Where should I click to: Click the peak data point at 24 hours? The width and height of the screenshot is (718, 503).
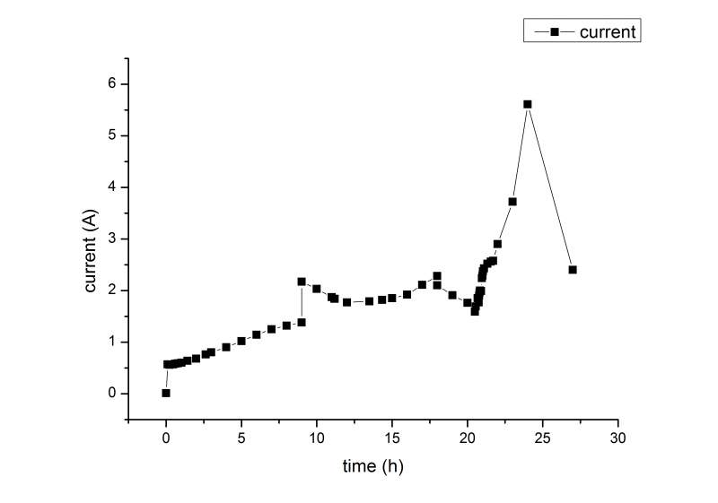tap(528, 104)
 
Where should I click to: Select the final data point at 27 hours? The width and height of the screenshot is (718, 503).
tap(573, 269)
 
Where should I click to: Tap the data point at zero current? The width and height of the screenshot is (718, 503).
tap(166, 393)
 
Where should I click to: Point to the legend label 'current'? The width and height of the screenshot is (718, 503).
tap(609, 31)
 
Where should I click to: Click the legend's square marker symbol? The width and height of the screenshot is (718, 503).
tap(554, 31)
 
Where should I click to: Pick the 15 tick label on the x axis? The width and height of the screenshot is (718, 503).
tap(392, 438)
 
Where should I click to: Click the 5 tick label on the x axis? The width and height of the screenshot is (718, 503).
tap(241, 438)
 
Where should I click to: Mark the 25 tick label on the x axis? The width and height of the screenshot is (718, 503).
tap(543, 438)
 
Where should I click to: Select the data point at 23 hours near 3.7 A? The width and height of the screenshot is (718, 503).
tap(512, 201)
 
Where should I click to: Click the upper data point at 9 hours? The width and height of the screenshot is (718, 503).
tap(302, 281)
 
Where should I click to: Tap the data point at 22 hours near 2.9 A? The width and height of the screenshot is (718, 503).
tap(497, 243)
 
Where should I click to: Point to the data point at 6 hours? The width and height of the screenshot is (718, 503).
tap(257, 334)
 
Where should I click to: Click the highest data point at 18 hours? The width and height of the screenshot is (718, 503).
tap(437, 275)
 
